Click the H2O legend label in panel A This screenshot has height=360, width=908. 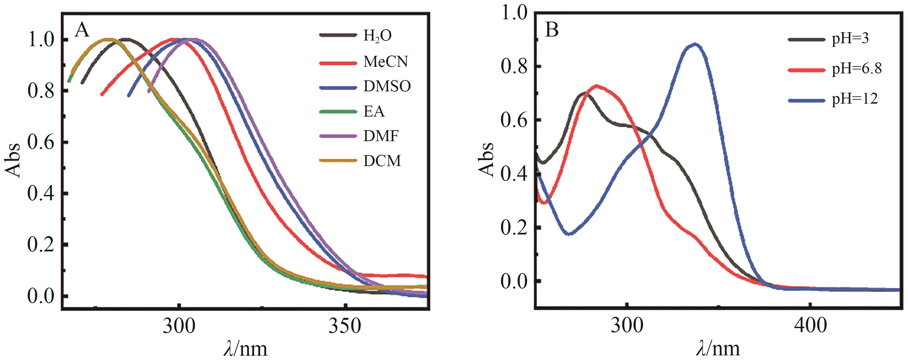click(378, 36)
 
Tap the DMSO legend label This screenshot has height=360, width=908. click(387, 86)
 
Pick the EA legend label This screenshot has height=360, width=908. click(374, 111)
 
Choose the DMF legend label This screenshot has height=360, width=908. click(381, 136)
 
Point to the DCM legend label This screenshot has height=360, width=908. click(382, 161)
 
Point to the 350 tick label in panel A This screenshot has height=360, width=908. click(345, 327)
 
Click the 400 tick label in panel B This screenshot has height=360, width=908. click(810, 327)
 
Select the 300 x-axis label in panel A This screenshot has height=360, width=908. click(179, 327)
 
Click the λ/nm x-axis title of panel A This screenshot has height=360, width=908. click(245, 349)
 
